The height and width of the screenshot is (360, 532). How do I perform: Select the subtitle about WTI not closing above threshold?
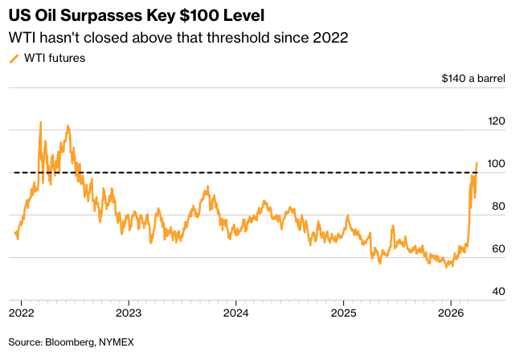click(177, 38)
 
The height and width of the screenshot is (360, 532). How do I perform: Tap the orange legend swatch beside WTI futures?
click(13, 58)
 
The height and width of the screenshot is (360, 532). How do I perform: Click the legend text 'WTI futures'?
click(55, 58)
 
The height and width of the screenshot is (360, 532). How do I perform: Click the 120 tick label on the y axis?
click(497, 121)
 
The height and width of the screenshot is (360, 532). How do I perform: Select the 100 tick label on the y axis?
click(497, 164)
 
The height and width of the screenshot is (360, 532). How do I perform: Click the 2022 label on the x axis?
click(21, 311)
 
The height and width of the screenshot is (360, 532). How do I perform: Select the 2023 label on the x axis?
click(129, 311)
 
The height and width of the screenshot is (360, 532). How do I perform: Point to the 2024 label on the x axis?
click(236, 311)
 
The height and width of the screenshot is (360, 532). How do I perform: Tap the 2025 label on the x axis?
click(343, 311)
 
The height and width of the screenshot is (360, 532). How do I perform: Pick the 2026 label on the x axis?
click(451, 311)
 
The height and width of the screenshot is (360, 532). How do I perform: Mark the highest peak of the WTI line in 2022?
click(40, 122)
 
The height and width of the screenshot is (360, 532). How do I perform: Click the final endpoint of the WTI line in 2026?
click(477, 163)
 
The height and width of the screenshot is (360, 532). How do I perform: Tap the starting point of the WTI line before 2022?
click(15, 233)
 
